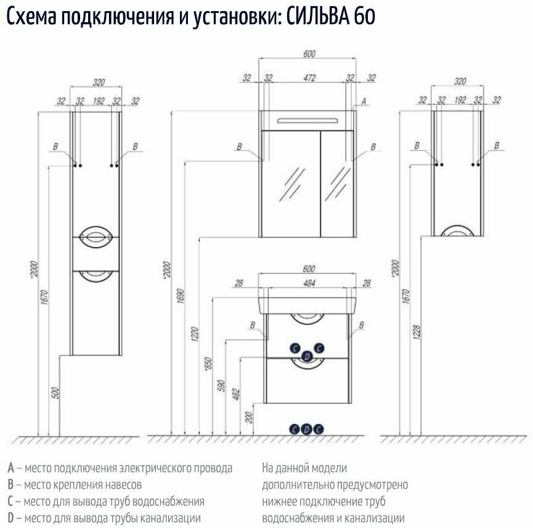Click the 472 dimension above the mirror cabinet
pyautogui.click(x=309, y=78)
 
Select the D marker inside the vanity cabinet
pyautogui.click(x=307, y=355)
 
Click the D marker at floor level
pyautogui.click(x=306, y=429)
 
